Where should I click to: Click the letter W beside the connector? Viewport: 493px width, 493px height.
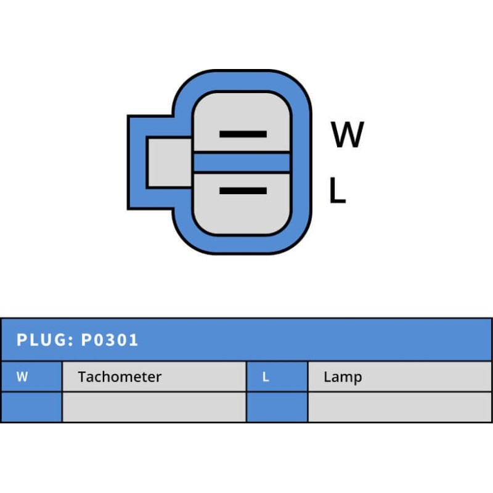click(348, 135)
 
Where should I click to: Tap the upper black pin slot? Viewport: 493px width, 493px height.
click(243, 134)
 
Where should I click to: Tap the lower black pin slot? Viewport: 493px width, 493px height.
click(243, 191)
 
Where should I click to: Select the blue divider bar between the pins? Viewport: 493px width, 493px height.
click(242, 162)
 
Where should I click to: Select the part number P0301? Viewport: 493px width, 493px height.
click(110, 340)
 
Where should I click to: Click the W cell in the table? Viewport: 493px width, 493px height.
click(31, 377)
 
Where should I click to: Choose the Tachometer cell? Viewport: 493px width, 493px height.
click(153, 377)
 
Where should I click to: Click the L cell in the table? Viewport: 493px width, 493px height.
click(277, 377)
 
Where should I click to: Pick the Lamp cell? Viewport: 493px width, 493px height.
click(399, 377)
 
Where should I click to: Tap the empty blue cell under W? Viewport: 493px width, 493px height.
click(31, 407)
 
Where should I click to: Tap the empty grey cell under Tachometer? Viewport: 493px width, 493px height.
click(153, 407)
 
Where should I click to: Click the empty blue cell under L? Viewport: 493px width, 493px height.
click(277, 407)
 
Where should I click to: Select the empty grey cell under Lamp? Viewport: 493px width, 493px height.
click(399, 407)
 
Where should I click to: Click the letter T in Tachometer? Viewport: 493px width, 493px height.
click(82, 377)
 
